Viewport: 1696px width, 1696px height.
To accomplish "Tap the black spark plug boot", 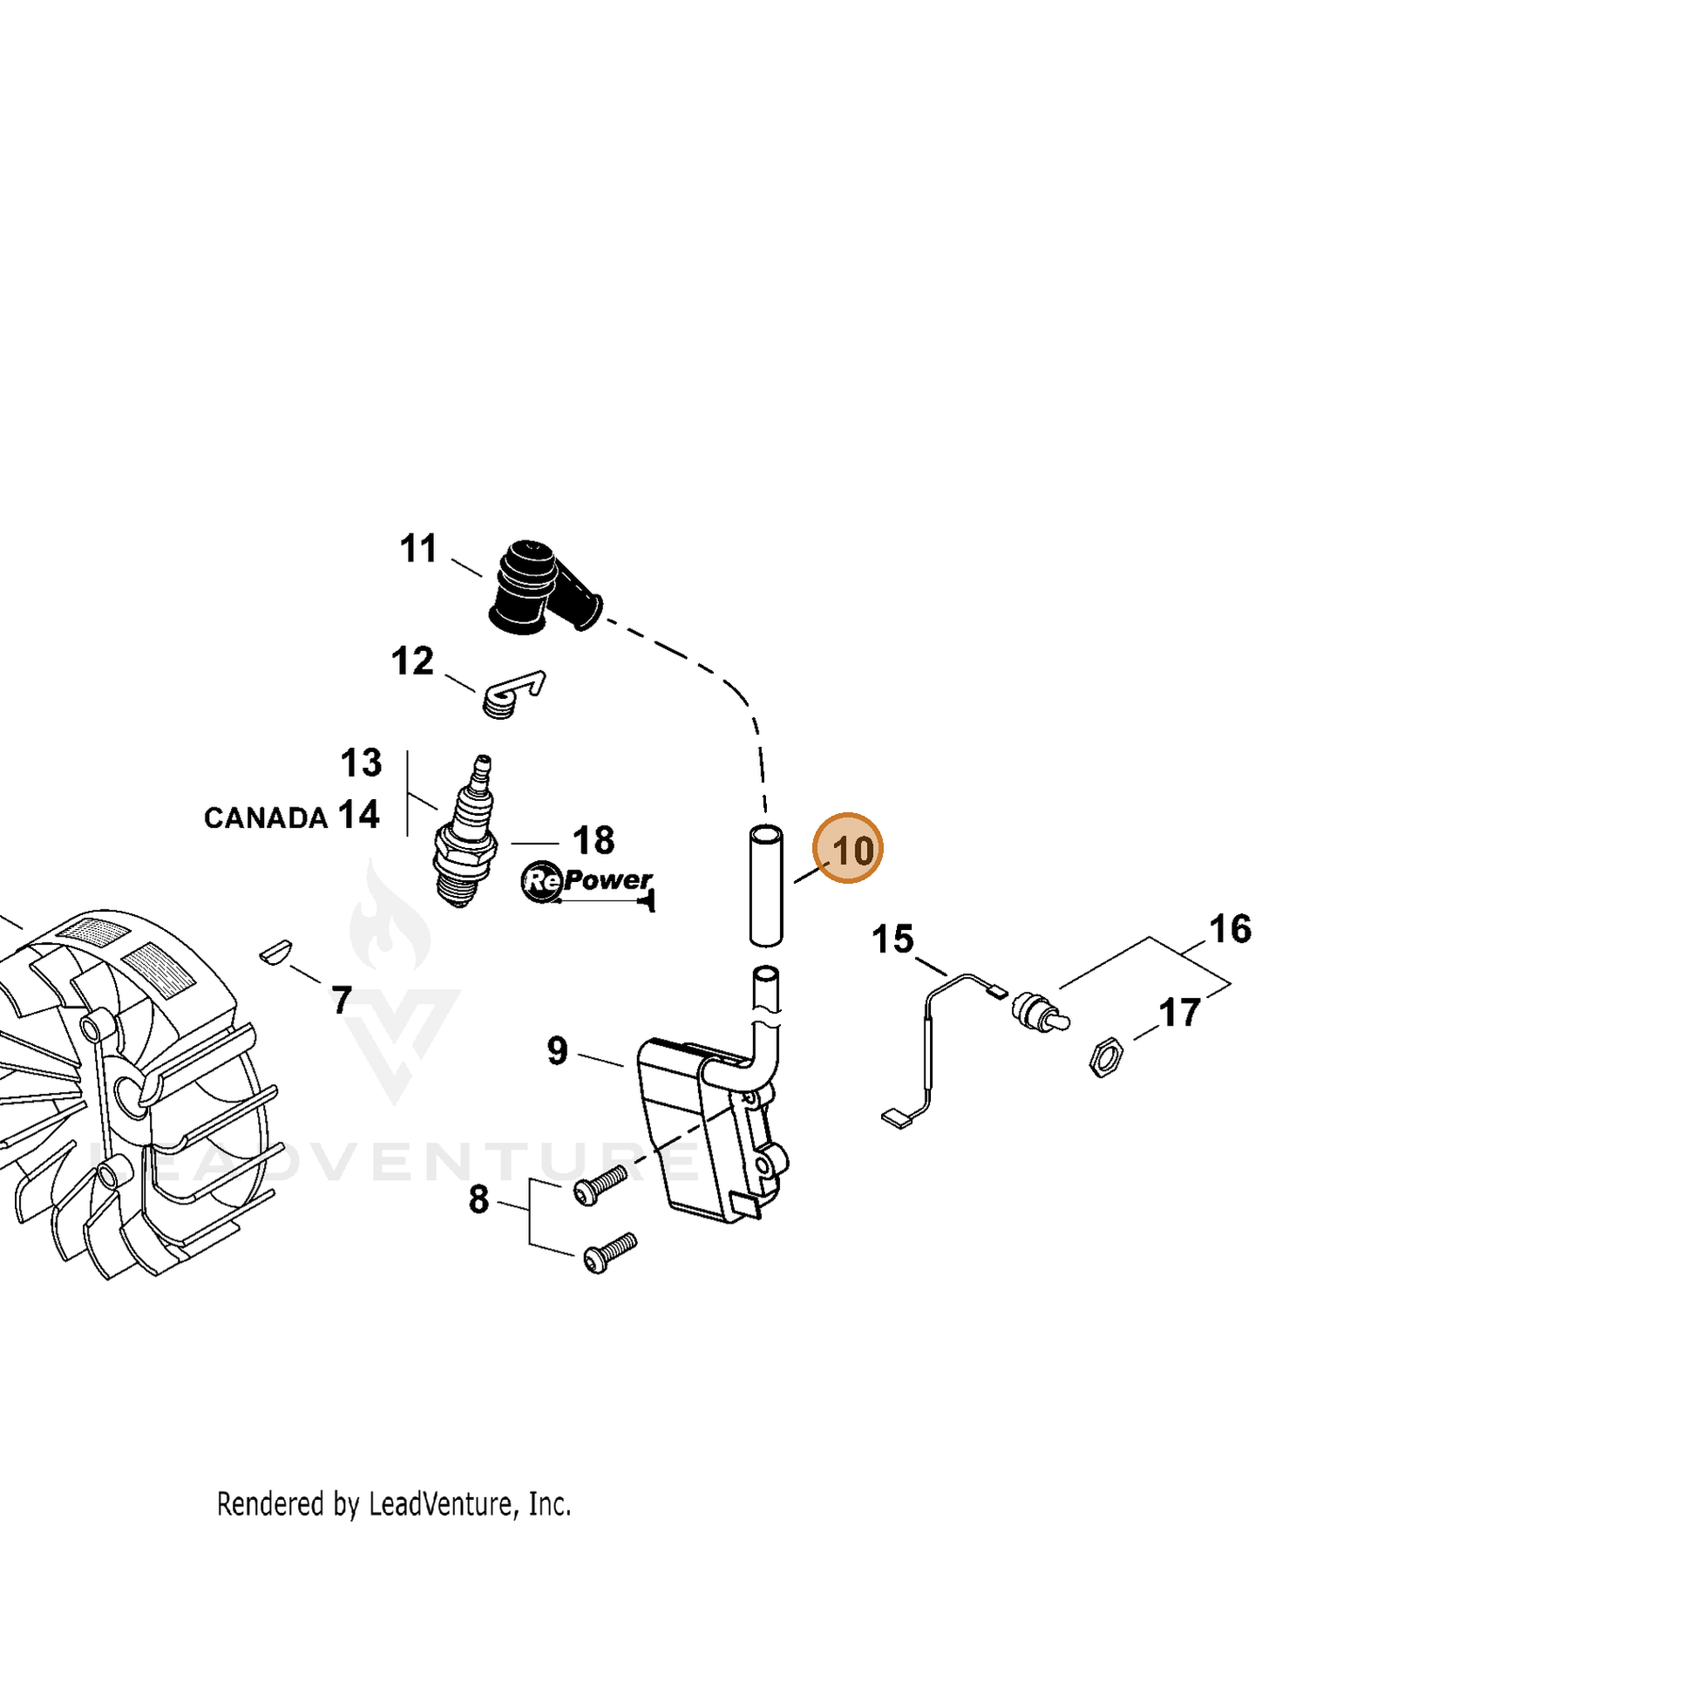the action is pos(542,588).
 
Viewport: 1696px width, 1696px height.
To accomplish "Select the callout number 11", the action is pos(418,549).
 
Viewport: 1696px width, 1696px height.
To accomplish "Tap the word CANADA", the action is pos(266,818).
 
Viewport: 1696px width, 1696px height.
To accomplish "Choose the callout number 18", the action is pos(594,841).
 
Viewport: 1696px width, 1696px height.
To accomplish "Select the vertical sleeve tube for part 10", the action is pos(765,885).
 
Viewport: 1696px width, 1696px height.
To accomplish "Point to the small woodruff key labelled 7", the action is pos(275,953).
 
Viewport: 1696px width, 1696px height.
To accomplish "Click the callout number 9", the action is pos(558,1051).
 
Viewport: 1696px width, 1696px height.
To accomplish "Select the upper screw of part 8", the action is pos(600,1185).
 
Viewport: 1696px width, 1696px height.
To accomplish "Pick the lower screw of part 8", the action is pos(609,1252).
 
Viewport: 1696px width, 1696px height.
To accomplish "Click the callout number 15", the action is pos(892,940).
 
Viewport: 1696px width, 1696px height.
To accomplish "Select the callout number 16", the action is pos(1230,929).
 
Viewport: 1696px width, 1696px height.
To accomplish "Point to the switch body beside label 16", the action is pos(1041,1012).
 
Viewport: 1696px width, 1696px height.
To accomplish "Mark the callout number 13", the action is pos(361,763).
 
